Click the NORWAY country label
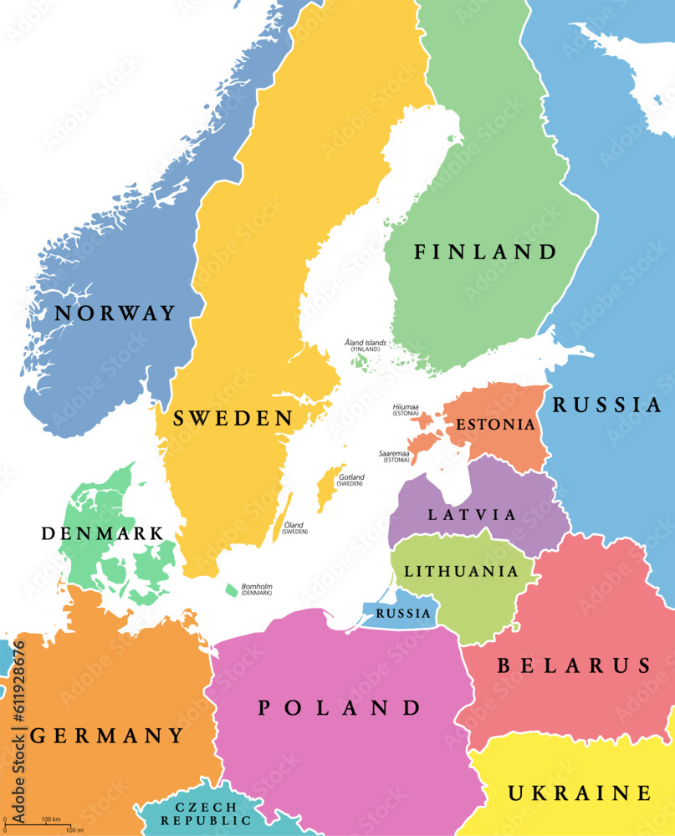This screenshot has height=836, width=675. coord(115,313)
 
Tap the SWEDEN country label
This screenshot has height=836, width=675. coord(233,419)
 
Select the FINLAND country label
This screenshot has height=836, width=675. coord(485,252)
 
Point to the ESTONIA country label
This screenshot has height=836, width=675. coord(495,425)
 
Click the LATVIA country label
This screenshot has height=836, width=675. coord(473,515)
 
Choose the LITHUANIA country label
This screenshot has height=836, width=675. coord(461,572)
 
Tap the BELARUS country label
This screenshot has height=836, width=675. coord(574,665)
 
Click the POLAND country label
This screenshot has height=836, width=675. coord(339,708)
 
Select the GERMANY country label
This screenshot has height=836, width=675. coord(107,736)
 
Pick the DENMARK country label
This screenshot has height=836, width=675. coord(102,533)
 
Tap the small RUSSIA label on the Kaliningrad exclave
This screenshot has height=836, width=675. coord(403,614)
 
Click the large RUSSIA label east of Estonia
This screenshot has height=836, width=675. coord(606,405)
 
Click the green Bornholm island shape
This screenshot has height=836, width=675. coord(231,590)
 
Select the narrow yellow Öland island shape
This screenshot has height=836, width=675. coord(284,517)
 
